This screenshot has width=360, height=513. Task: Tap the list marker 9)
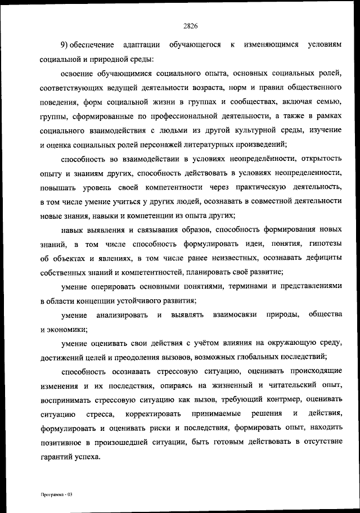(x=66, y=44)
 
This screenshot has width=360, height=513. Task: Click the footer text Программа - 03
(x=57, y=494)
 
